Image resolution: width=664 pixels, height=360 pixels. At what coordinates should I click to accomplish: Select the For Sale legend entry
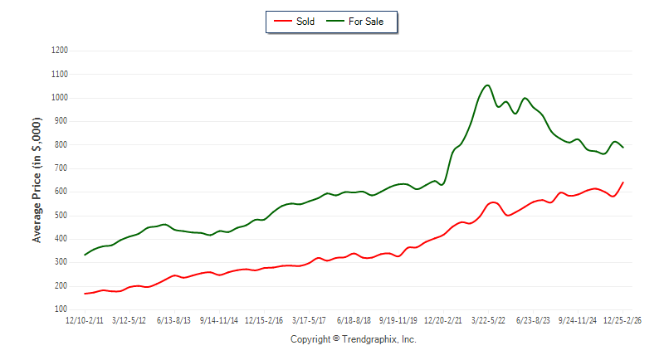point(362,22)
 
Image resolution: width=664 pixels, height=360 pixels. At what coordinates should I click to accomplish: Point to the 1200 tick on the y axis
point(59,51)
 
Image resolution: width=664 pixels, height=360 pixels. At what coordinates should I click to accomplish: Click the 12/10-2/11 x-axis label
point(85,319)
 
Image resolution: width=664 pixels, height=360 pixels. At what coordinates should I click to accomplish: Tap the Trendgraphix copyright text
point(353,339)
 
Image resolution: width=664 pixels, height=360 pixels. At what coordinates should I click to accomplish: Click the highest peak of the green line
point(487,85)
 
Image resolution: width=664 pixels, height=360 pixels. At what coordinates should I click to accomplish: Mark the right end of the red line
point(623,182)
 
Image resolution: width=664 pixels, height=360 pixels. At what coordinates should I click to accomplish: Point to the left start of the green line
point(85,255)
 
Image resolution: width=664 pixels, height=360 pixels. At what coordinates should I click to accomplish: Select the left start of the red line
point(85,294)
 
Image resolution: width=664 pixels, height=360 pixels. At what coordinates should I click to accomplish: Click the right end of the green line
point(623,148)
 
